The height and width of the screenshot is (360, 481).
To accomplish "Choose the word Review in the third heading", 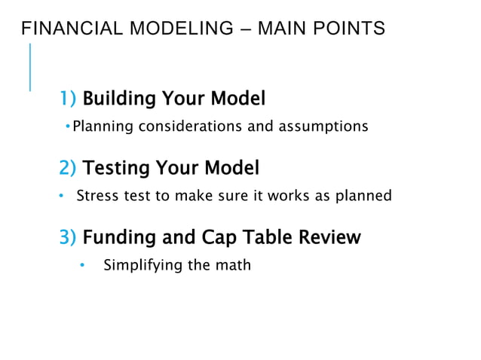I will tap(328, 238).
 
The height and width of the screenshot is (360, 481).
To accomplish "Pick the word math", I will tap(233, 265).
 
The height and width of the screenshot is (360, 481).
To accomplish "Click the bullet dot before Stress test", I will tap(62, 196).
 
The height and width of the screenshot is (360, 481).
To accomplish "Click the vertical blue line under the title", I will tap(30, 67).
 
